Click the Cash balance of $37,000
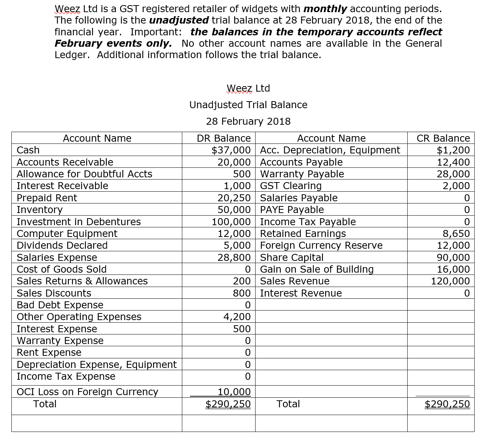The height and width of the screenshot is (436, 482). [x=231, y=150]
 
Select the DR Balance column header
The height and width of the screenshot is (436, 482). [x=224, y=138]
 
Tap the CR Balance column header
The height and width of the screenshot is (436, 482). [x=443, y=138]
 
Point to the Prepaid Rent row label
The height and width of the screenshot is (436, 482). [x=47, y=198]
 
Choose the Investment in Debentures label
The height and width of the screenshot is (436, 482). [x=78, y=222]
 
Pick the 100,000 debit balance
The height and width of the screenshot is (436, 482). [x=231, y=222]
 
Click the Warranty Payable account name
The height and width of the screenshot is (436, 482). [x=302, y=174]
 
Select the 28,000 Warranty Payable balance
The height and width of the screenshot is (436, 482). [x=453, y=174]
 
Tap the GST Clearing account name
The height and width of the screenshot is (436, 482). [x=291, y=186]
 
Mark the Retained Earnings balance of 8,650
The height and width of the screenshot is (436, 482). [x=456, y=234]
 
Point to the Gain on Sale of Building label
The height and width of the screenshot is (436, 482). [x=317, y=269]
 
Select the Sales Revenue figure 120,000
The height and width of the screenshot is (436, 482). [x=450, y=281]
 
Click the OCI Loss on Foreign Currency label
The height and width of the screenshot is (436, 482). [x=87, y=392]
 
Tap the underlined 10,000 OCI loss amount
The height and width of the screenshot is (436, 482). [x=234, y=392]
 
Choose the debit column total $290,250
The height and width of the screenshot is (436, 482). [x=228, y=404]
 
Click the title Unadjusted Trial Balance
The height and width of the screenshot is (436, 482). [x=248, y=105]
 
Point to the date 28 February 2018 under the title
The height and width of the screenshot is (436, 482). [x=248, y=121]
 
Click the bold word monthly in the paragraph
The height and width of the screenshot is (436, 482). [x=325, y=9]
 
